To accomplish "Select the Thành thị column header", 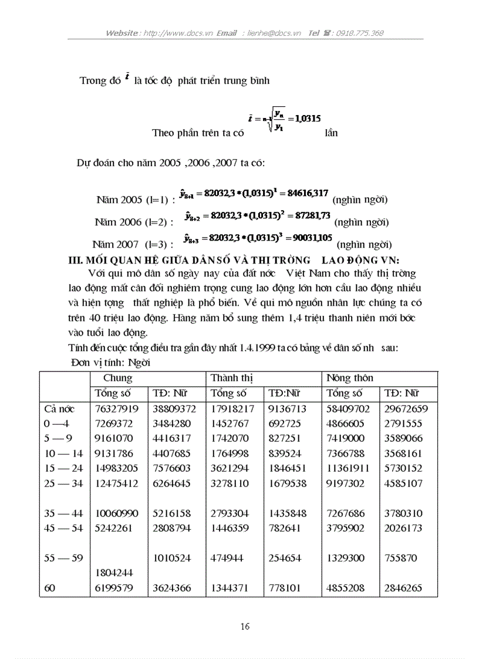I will (x=230, y=378).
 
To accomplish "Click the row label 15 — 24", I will (x=63, y=468).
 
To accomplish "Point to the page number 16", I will (x=245, y=626).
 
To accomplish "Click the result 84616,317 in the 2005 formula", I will (x=307, y=192).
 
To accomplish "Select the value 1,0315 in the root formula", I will (x=308, y=118).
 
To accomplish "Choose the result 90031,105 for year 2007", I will (x=309, y=237).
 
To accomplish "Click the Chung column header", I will (x=117, y=378).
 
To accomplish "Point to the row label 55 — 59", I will (x=63, y=558).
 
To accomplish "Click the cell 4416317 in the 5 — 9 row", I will (x=174, y=438).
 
